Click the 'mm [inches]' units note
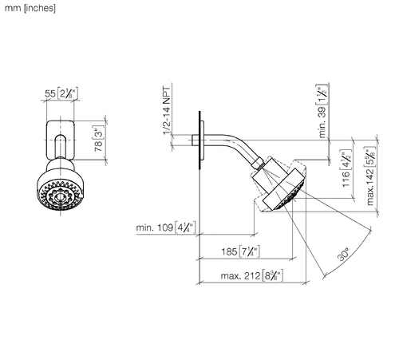pyautogui.click(x=30, y=8)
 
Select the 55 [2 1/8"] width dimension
pyautogui.click(x=61, y=93)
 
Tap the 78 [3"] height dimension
pyautogui.click(x=99, y=138)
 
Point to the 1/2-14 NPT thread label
pyautogui.click(x=167, y=111)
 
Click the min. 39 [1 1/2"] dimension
pyautogui.click(x=322, y=111)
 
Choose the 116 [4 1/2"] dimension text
pyautogui.click(x=346, y=168)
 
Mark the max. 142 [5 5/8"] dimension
pyautogui.click(x=370, y=176)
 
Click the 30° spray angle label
pyautogui.click(x=343, y=254)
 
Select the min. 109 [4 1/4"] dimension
pyautogui.click(x=166, y=227)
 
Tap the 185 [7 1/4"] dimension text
pyautogui.click(x=240, y=251)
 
